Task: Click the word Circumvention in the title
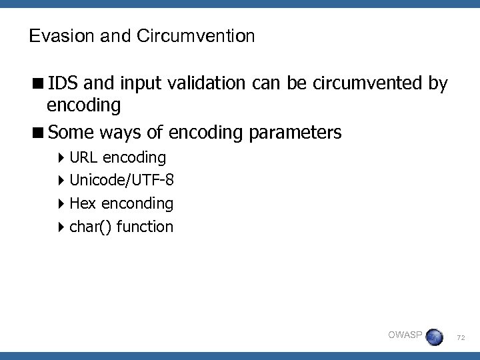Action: click(196, 36)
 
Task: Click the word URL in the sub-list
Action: click(83, 157)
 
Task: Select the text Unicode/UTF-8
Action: click(122, 180)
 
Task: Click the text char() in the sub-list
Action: click(91, 227)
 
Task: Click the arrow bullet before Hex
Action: click(61, 203)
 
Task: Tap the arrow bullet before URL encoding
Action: click(61, 158)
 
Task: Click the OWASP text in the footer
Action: click(405, 335)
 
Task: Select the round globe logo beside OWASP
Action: click(434, 337)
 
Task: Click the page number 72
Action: click(461, 339)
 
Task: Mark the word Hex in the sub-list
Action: click(83, 203)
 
